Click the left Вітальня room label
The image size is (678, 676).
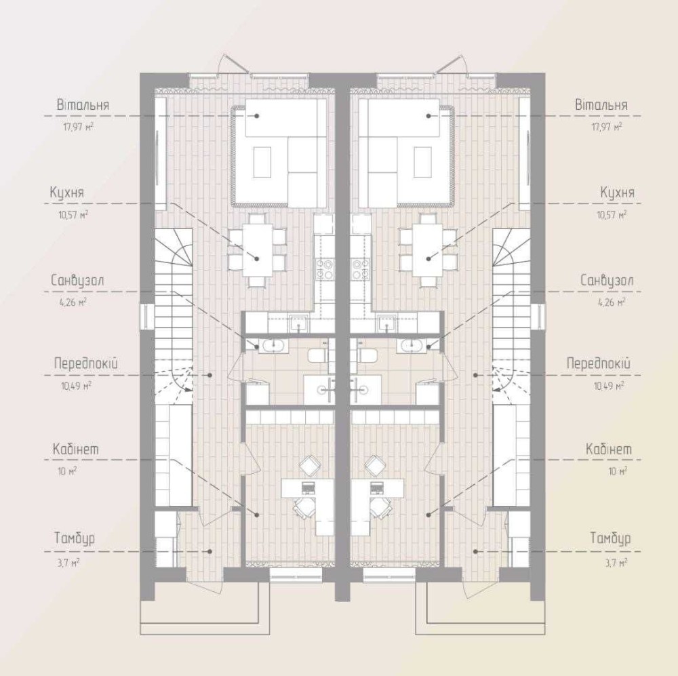[x=83, y=105]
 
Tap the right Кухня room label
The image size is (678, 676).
[x=618, y=193]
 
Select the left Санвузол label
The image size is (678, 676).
[x=77, y=280]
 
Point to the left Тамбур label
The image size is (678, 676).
[x=75, y=538]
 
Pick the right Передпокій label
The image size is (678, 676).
[x=599, y=363]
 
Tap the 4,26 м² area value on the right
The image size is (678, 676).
[x=612, y=302]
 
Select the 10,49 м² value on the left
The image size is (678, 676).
[x=76, y=385]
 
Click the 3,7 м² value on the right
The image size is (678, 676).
[x=617, y=562]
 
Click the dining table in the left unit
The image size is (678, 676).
[x=257, y=250]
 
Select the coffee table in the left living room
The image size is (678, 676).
[x=262, y=162]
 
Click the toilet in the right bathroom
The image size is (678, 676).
[x=366, y=355]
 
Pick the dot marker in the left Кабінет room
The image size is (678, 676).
[x=257, y=515]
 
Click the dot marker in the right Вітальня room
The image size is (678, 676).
[x=428, y=116]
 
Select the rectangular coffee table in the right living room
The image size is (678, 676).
[x=422, y=162]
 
